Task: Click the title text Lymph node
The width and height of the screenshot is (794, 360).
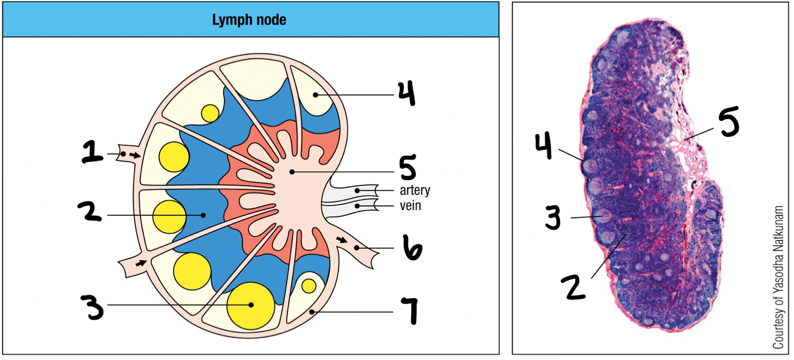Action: point(249,21)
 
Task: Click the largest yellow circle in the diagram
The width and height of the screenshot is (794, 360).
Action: point(250,304)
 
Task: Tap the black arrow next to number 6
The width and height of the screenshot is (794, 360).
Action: point(342,241)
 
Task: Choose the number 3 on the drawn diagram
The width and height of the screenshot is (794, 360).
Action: point(96,306)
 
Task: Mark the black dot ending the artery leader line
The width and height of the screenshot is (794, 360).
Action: point(358,190)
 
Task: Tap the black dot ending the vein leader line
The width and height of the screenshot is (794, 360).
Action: point(358,206)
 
